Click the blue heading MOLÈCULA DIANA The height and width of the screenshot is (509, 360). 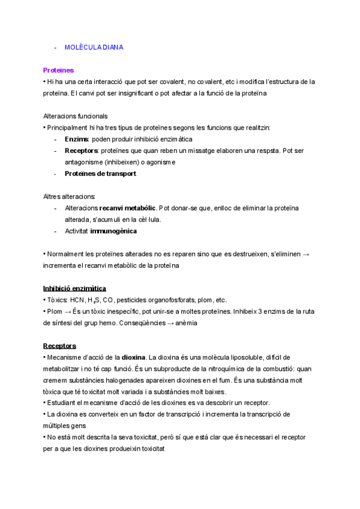94,47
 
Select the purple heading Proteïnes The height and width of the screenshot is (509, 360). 58,70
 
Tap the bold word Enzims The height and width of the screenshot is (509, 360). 76,139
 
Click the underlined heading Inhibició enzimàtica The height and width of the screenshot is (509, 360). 75,289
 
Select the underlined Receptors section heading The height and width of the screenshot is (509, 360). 59,346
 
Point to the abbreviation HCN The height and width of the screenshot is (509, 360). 76,300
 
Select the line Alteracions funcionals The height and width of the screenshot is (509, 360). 76,116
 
